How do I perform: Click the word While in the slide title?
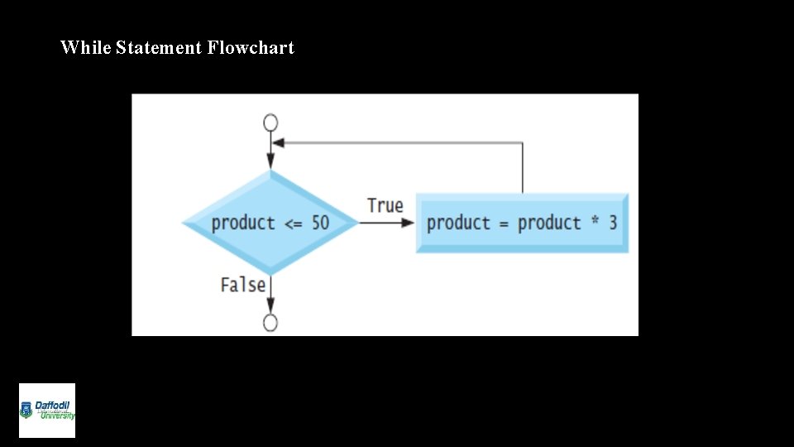[x=86, y=48]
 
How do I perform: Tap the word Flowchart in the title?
[x=251, y=48]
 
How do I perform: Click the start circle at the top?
[x=270, y=123]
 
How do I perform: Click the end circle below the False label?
[x=270, y=322]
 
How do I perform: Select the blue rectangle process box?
[x=522, y=223]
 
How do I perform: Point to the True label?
[x=385, y=205]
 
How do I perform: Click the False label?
[x=243, y=285]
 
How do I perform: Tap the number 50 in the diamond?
[x=319, y=223]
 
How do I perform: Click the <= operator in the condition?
[x=293, y=223]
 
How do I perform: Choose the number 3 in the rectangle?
[x=612, y=223]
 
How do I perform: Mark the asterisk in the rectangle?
[x=595, y=221]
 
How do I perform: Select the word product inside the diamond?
[x=243, y=223]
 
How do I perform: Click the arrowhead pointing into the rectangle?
[x=408, y=223]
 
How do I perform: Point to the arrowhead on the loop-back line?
[x=279, y=142]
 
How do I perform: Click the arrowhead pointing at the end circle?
[x=270, y=308]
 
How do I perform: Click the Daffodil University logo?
[x=47, y=411]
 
